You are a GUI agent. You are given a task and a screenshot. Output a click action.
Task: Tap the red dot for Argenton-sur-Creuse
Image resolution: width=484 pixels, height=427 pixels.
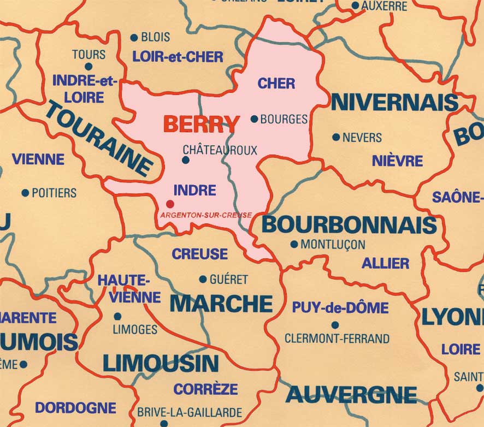(170, 204)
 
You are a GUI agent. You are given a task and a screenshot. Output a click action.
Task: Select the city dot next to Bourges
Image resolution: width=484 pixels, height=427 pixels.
(254, 118)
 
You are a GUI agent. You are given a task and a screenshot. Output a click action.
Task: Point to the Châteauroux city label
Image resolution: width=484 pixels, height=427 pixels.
(220, 150)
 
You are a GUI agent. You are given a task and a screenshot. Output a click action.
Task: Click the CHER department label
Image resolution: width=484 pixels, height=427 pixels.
(276, 84)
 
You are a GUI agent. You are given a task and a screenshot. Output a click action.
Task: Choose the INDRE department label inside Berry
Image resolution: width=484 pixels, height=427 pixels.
(194, 191)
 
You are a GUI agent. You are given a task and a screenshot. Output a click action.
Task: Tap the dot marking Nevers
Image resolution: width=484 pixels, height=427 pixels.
(335, 137)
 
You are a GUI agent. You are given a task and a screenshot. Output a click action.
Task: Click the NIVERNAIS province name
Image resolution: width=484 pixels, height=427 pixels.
(394, 102)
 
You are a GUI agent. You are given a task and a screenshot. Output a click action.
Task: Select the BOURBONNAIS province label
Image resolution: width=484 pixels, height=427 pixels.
(349, 225)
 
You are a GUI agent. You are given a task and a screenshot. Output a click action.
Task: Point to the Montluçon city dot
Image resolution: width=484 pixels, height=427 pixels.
(294, 244)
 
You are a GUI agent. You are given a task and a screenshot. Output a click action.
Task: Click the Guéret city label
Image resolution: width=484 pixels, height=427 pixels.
(228, 279)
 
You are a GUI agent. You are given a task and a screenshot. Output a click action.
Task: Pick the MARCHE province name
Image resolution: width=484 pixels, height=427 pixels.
(221, 303)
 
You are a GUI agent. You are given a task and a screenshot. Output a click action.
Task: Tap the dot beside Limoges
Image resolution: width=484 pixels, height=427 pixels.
(117, 316)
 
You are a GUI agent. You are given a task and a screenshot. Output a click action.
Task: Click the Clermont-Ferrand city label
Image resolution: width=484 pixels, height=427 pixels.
(337, 339)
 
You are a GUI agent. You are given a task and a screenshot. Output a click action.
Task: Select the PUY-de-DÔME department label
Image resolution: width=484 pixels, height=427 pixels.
(340, 307)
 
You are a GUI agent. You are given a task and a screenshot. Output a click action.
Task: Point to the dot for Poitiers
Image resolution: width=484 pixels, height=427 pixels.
(25, 193)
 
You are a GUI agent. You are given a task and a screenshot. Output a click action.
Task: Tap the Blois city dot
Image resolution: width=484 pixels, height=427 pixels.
(134, 38)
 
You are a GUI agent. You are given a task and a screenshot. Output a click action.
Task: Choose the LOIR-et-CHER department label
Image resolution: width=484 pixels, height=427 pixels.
(178, 57)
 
